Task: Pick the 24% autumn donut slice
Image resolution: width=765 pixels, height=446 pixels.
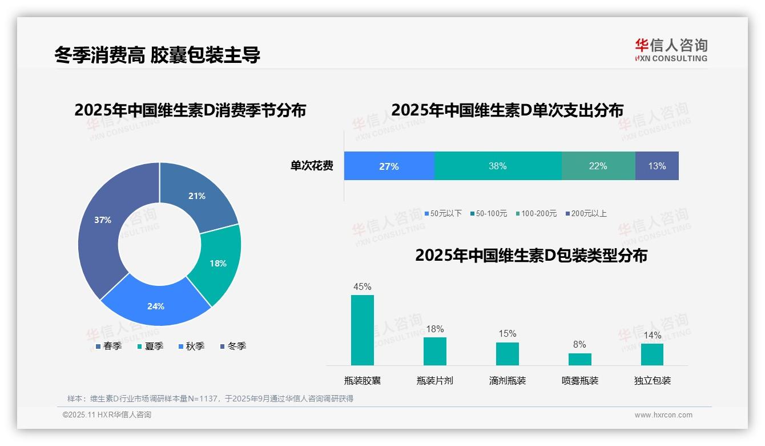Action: coord(156,303)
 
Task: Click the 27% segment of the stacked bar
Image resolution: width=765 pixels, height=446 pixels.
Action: coord(389,166)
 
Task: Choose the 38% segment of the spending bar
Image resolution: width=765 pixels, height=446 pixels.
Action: coord(498,166)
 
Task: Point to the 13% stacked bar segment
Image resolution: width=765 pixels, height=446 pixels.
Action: coord(657,166)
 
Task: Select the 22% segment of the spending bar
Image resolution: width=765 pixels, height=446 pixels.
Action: coord(598,166)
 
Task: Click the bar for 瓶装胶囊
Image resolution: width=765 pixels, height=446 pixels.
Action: coord(362,330)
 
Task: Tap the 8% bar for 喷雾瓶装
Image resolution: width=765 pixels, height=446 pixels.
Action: coord(579,359)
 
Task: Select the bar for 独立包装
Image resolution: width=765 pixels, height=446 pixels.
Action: coord(652,354)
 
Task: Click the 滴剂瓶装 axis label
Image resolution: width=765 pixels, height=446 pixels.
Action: coord(507,381)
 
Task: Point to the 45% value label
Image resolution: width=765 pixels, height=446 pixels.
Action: coord(362,286)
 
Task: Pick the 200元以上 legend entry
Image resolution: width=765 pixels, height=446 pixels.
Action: coord(589,213)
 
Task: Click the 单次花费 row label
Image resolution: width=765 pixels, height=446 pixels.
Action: coord(312,166)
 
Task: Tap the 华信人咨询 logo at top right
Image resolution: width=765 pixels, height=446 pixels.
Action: coord(671,50)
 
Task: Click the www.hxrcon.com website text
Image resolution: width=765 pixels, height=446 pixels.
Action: coord(663,415)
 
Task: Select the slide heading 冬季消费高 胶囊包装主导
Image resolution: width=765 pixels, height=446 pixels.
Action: coord(158,55)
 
